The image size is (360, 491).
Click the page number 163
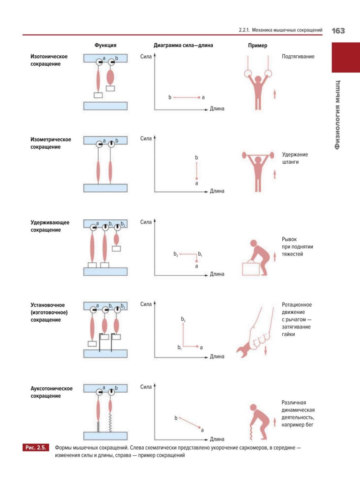[x=338, y=31]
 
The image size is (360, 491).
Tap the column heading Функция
[x=105, y=45]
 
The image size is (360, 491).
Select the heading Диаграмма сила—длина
[x=183, y=45]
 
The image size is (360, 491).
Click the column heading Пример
[x=258, y=45]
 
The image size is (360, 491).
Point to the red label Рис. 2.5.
[x=36, y=448]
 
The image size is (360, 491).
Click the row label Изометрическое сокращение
[x=50, y=143]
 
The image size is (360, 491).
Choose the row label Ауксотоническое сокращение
[x=51, y=392]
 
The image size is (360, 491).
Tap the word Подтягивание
[x=298, y=56]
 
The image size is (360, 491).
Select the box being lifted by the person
[x=251, y=269]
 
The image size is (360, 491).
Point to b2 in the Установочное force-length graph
[x=183, y=319]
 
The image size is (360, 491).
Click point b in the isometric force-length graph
[x=197, y=158]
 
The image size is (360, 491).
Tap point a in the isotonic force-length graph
[x=203, y=98]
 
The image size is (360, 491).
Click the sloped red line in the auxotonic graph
[x=189, y=423]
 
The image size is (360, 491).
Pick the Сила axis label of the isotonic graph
[x=146, y=56]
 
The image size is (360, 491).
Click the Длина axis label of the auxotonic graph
[x=217, y=439]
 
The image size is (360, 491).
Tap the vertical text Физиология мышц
[x=337, y=115]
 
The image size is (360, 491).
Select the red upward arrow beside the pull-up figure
[x=275, y=94]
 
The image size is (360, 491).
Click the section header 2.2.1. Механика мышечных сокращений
[x=281, y=30]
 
